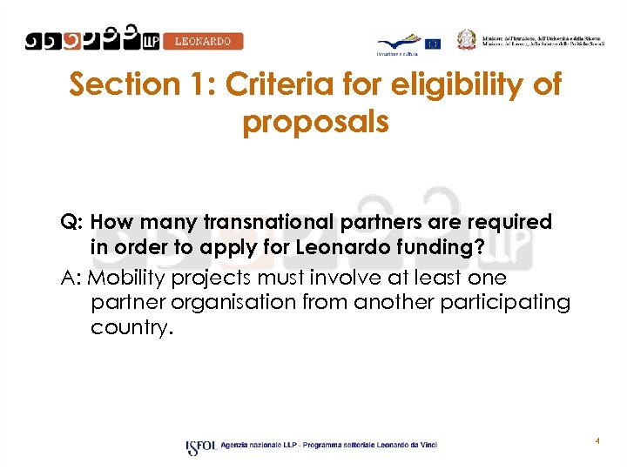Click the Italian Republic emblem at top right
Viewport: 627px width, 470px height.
click(x=469, y=38)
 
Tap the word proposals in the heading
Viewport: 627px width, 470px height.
click(x=315, y=122)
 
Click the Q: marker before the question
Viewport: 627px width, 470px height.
click(x=71, y=223)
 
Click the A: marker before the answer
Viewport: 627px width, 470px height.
click(x=71, y=279)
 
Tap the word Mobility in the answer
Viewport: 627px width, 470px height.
click(x=130, y=279)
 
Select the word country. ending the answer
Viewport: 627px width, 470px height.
click(x=131, y=327)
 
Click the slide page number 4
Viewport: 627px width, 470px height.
click(x=597, y=441)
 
